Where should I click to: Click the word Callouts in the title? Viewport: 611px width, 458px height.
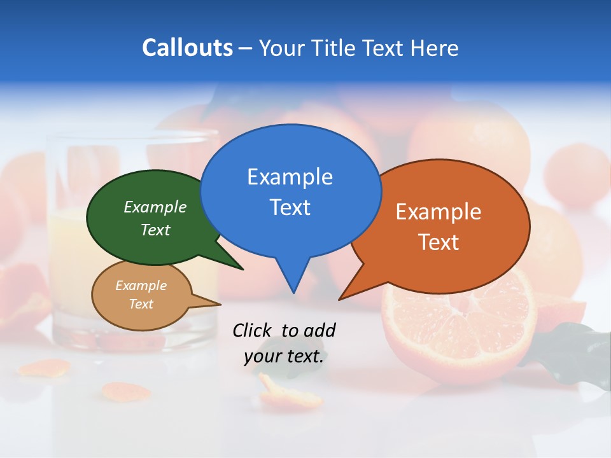187,48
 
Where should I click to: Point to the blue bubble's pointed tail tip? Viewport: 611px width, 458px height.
293,293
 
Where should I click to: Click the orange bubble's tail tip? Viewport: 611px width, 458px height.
339,299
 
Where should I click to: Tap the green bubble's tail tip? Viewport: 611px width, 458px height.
242,269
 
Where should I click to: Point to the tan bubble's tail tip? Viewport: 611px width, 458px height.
220,305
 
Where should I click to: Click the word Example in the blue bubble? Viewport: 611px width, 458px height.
290,177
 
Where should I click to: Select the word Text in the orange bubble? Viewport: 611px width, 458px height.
439,242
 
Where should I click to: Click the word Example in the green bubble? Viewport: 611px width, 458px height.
155,207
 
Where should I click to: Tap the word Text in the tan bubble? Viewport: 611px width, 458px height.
141,304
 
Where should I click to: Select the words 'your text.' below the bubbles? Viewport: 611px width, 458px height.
283,356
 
